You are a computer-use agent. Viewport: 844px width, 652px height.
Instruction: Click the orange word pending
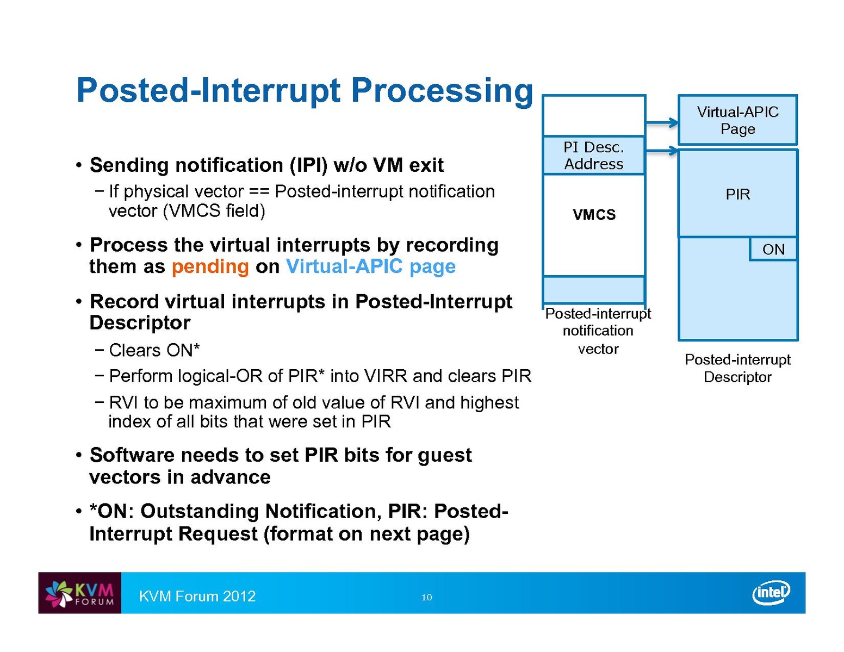click(210, 266)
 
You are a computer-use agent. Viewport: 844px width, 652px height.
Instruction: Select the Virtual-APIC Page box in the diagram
click(737, 120)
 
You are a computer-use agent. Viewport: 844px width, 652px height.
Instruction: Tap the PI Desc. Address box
click(594, 156)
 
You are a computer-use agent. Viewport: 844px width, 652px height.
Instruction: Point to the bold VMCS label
click(594, 215)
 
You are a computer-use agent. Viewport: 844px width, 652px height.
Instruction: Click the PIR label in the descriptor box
click(737, 194)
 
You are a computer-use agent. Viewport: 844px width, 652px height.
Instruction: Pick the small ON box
click(773, 249)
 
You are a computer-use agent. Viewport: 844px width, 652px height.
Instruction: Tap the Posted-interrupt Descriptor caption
click(737, 368)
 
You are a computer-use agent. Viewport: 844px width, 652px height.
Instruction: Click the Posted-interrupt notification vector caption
click(598, 331)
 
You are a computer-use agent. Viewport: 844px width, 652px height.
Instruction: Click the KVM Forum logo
click(80, 593)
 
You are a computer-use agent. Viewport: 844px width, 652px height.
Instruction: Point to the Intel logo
click(771, 593)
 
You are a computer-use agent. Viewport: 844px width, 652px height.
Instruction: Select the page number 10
click(427, 598)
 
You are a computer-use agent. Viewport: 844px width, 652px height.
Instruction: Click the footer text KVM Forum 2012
click(197, 597)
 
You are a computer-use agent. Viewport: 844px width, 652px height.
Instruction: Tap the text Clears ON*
click(154, 350)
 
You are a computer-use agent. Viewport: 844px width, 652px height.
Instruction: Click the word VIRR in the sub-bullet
click(386, 376)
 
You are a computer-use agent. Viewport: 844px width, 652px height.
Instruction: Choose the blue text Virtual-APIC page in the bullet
click(370, 266)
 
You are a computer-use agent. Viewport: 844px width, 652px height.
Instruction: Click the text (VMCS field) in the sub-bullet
click(214, 210)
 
